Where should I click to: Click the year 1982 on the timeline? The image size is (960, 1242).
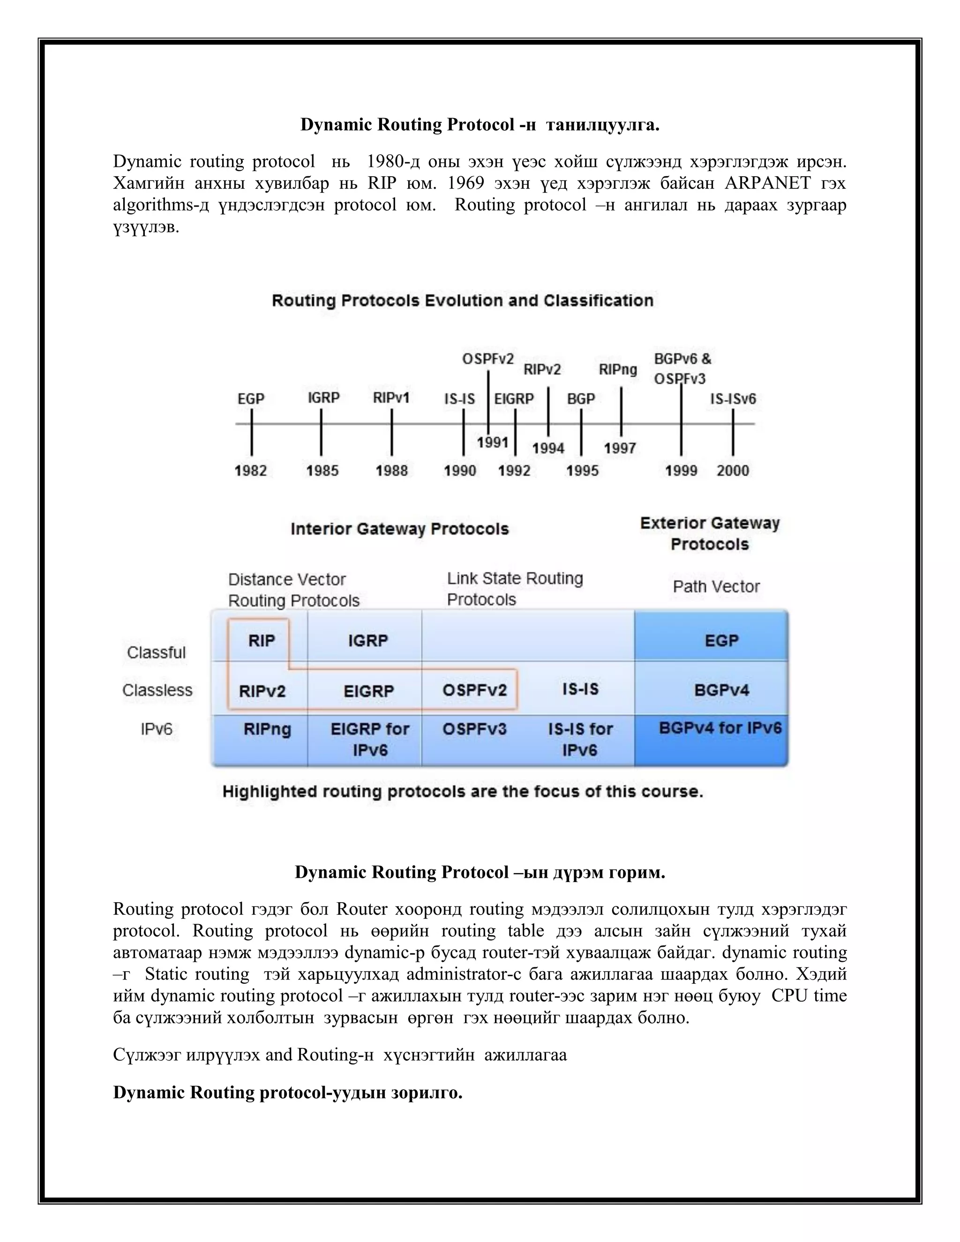pyautogui.click(x=251, y=470)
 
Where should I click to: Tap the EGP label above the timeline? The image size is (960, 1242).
pyautogui.click(x=251, y=399)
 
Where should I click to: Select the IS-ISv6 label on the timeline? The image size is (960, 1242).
pyautogui.click(x=733, y=399)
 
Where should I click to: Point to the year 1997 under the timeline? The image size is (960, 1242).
pyautogui.click(x=619, y=448)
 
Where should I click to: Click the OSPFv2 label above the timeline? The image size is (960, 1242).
pyautogui.click(x=487, y=359)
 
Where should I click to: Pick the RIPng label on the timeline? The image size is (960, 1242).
pyautogui.click(x=618, y=370)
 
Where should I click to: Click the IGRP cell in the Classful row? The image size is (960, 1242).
pyautogui.click(x=368, y=640)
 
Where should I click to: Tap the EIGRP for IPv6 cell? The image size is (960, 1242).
pyautogui.click(x=370, y=739)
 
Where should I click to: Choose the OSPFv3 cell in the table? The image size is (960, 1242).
pyautogui.click(x=474, y=729)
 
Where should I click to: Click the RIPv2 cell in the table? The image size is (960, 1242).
pyautogui.click(x=262, y=691)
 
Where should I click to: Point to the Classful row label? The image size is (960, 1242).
pyautogui.click(x=157, y=652)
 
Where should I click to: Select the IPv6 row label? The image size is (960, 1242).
pyautogui.click(x=157, y=729)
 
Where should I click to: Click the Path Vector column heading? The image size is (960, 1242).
pyautogui.click(x=716, y=586)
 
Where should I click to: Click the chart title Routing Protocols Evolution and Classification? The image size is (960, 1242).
pyautogui.click(x=462, y=300)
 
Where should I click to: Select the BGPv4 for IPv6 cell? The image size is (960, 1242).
pyautogui.click(x=720, y=728)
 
